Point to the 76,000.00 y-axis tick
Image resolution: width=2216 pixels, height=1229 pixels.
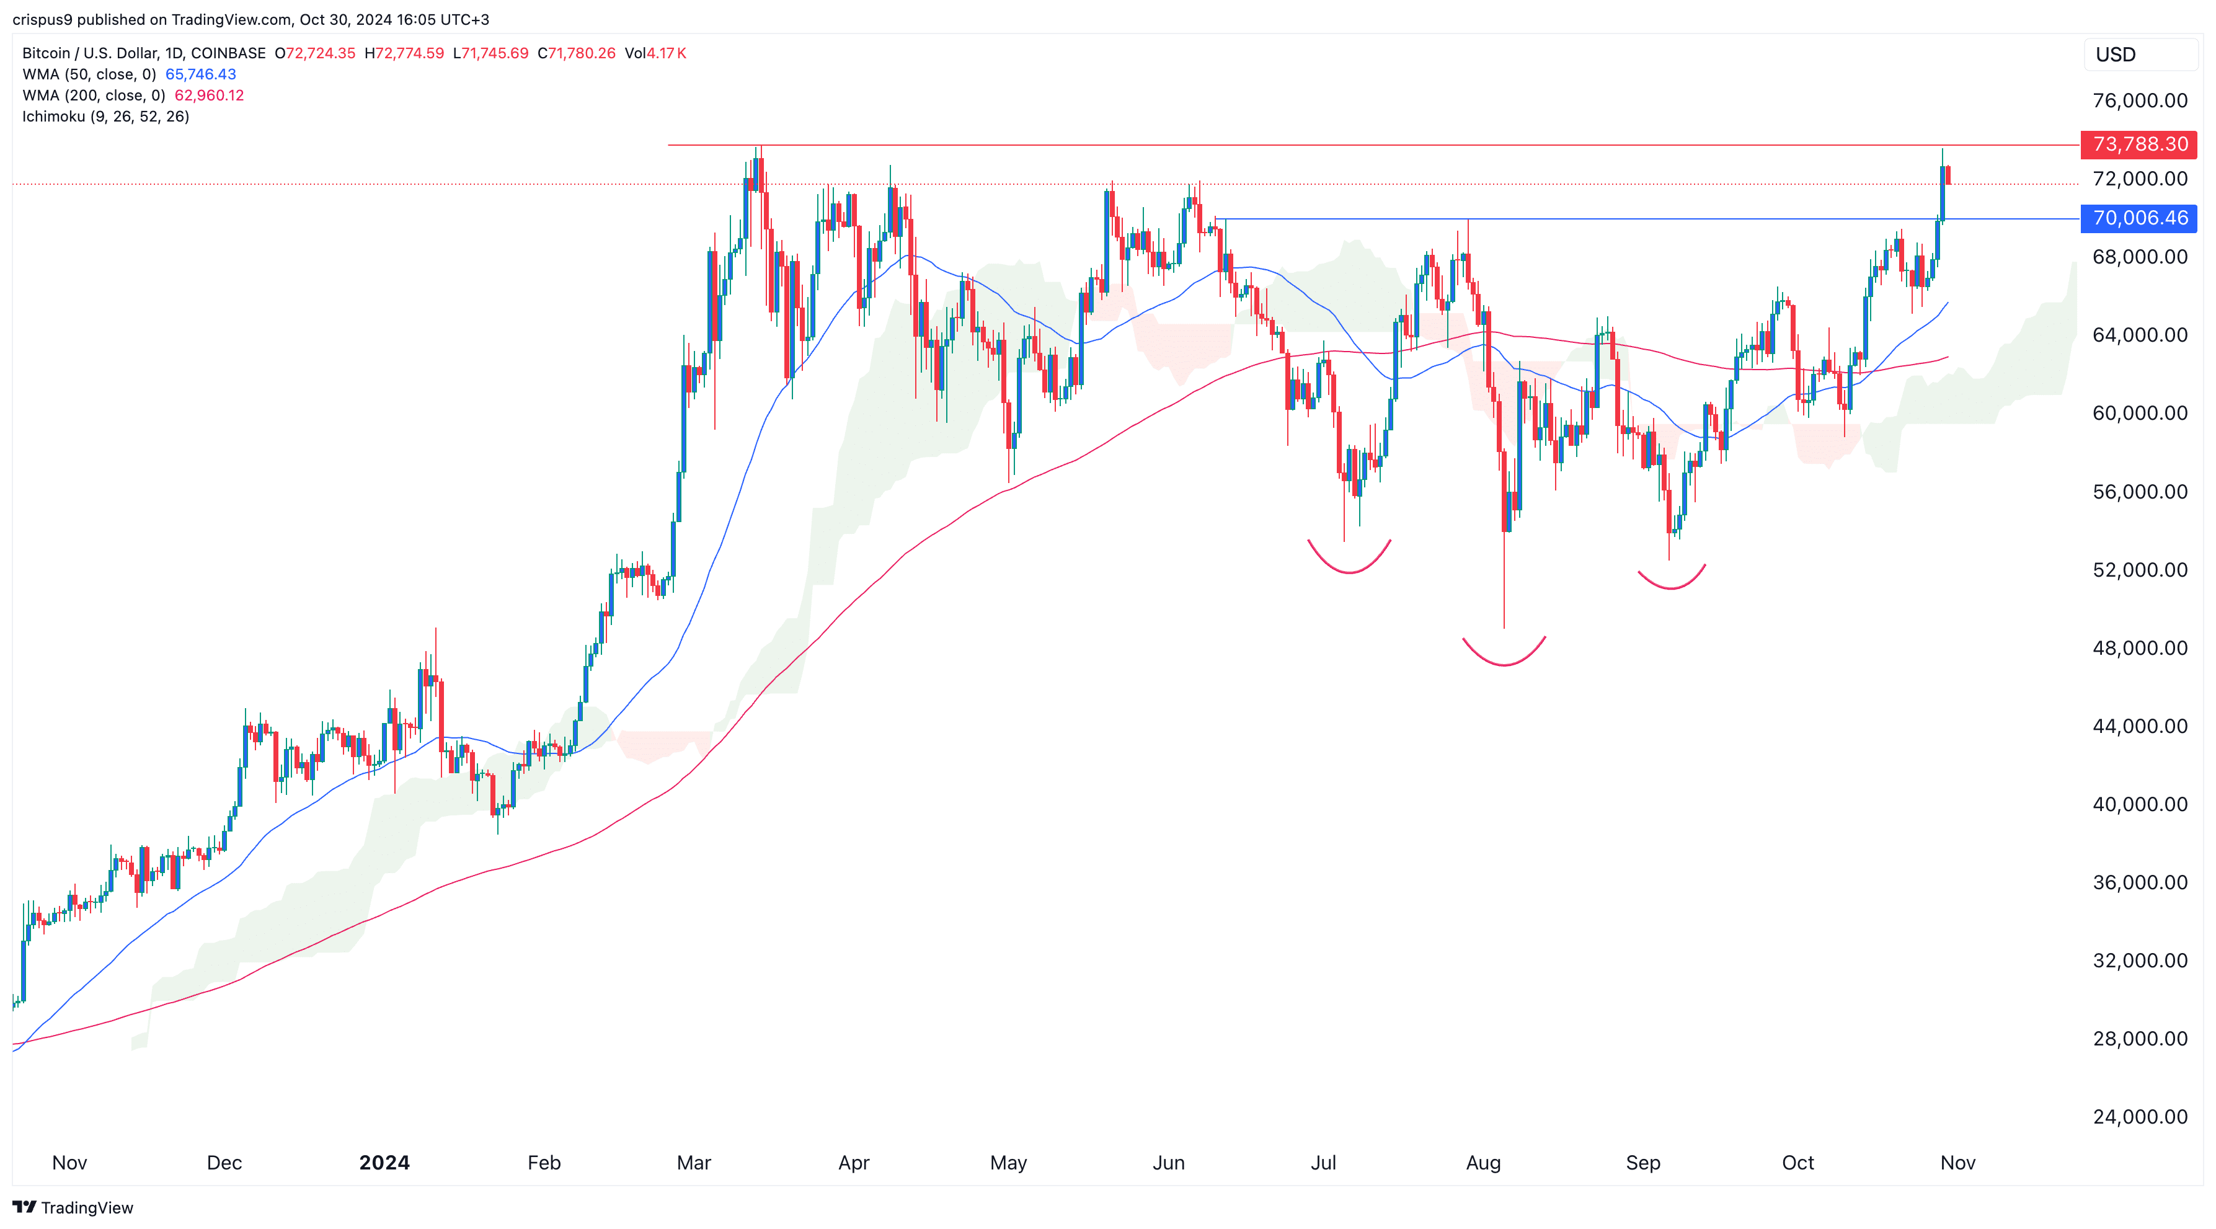click(x=2140, y=100)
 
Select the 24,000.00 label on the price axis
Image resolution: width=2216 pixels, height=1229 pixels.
click(x=2140, y=1116)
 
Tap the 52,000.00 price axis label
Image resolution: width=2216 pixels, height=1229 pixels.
click(x=2140, y=569)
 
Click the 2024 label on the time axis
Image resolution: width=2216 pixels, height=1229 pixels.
click(x=384, y=1163)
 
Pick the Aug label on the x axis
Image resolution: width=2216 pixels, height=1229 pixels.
click(x=1483, y=1163)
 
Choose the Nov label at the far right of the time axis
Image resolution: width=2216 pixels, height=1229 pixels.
click(x=1957, y=1163)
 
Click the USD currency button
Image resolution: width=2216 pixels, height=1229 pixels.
click(x=2116, y=54)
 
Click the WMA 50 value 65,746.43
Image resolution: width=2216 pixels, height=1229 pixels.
click(x=200, y=74)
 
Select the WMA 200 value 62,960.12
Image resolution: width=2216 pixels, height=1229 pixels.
click(x=209, y=95)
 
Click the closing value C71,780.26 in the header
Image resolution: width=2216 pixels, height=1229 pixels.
click(x=577, y=53)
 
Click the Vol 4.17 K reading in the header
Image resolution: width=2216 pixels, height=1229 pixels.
click(x=655, y=53)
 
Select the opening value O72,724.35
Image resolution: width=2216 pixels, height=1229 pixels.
click(x=315, y=53)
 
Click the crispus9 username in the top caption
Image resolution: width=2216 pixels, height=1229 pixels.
click(x=42, y=19)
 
